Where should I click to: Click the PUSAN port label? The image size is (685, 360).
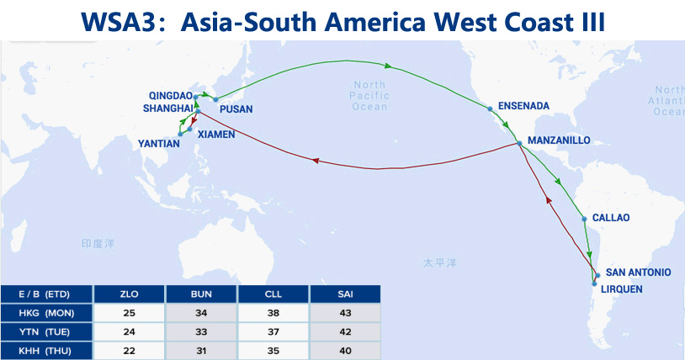tap(235, 109)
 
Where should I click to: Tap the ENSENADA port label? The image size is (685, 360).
tap(523, 106)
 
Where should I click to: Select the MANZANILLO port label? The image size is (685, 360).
tap(558, 140)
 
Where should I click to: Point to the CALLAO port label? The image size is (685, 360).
tap(611, 218)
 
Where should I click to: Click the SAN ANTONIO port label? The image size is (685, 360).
tap(639, 272)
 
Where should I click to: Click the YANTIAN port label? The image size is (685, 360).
tap(158, 144)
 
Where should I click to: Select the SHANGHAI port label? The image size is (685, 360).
tap(167, 108)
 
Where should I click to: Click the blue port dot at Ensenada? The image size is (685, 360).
tap(490, 108)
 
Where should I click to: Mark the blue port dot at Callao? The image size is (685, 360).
tap(585, 220)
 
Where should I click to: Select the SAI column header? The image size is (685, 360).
tap(345, 294)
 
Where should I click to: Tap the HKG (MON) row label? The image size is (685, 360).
tap(47, 312)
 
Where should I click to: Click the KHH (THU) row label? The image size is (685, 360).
tap(47, 349)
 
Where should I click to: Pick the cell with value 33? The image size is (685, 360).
tap(202, 331)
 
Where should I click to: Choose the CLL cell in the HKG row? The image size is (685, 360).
tap(273, 312)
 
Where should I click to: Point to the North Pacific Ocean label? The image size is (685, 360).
tap(369, 96)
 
